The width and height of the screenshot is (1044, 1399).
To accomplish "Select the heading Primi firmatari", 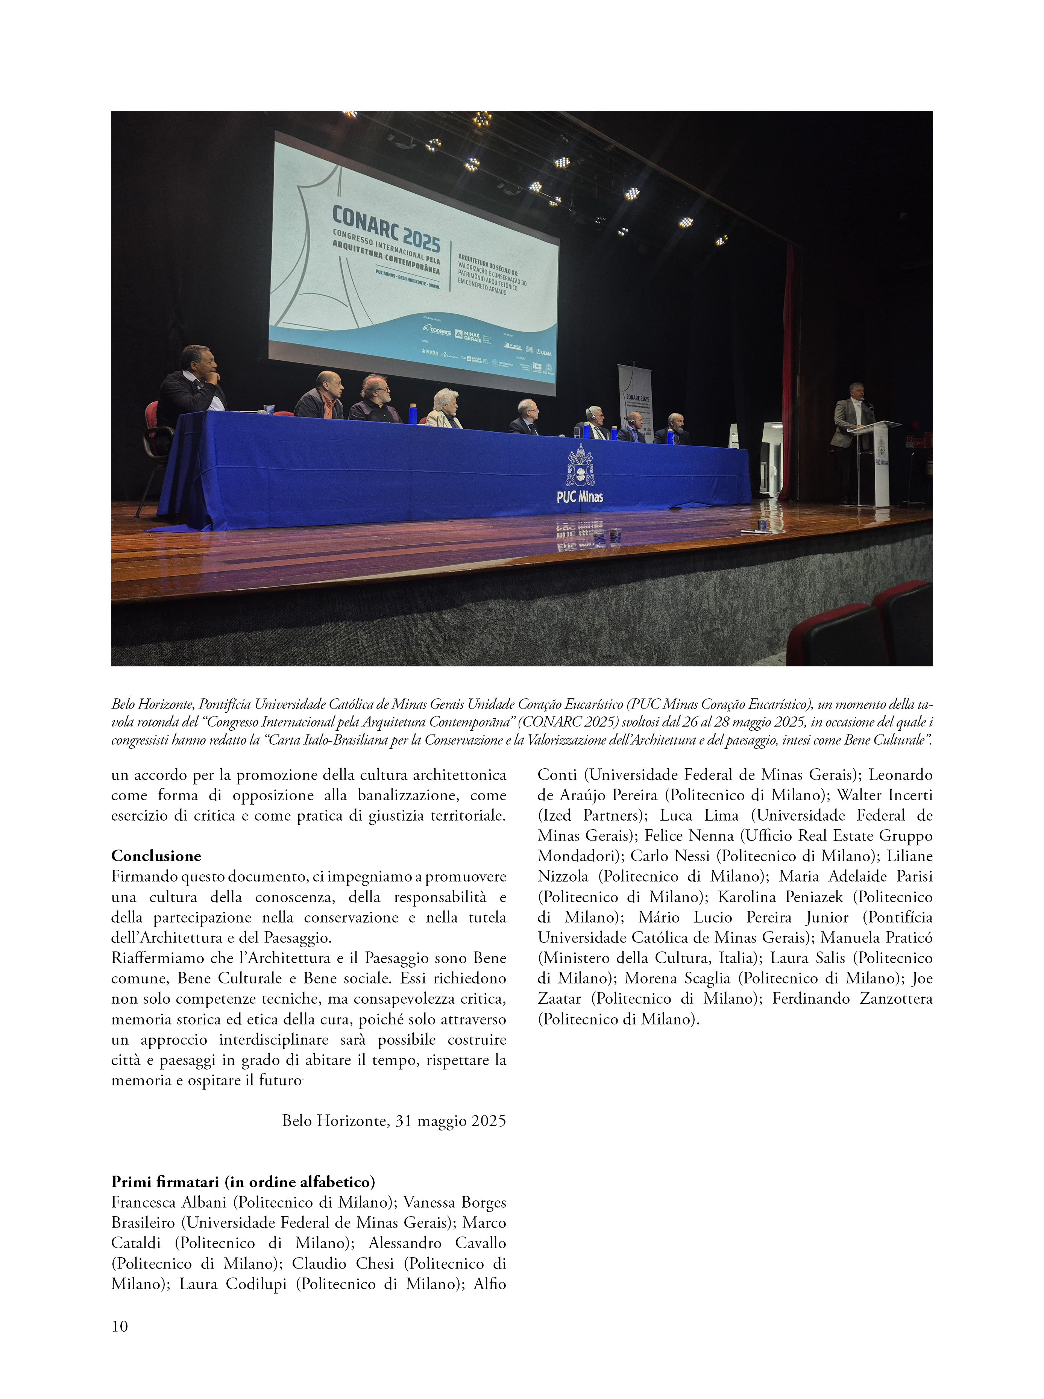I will coord(243,1182).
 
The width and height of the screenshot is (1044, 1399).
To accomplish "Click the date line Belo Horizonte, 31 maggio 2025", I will coord(394,1120).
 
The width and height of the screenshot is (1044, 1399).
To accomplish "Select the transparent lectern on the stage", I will coord(875,461).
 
